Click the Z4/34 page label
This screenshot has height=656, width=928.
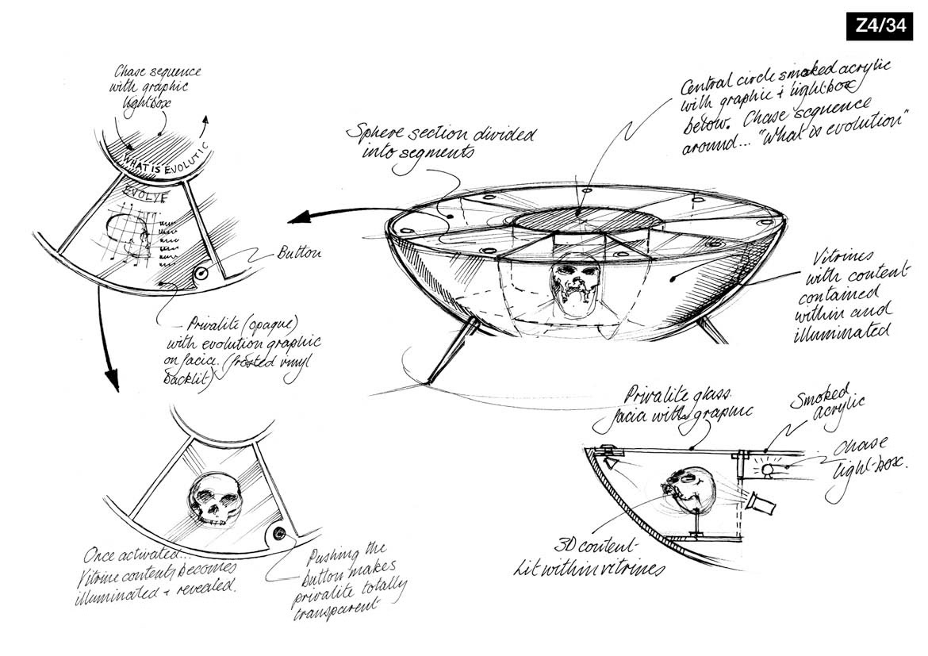(x=880, y=26)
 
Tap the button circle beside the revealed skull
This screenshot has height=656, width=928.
(x=279, y=535)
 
